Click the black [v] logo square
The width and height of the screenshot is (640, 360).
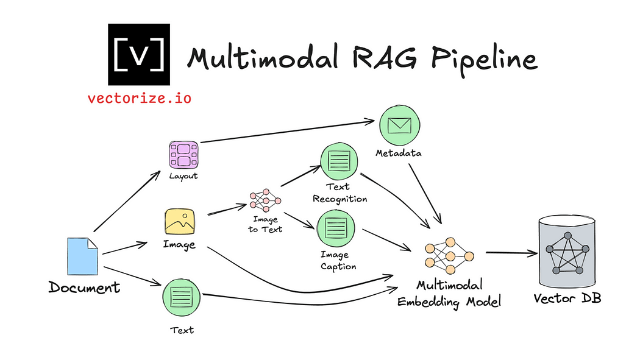click(139, 55)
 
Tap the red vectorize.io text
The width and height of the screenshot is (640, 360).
click(139, 97)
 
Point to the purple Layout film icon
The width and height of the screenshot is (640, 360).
click(184, 155)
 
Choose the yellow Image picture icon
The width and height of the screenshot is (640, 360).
click(179, 222)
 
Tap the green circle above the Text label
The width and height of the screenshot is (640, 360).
click(182, 298)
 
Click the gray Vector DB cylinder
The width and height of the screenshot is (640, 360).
click(567, 250)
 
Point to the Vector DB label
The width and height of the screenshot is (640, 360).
click(567, 298)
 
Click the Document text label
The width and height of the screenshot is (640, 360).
click(84, 287)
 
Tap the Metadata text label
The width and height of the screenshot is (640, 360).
click(399, 153)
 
